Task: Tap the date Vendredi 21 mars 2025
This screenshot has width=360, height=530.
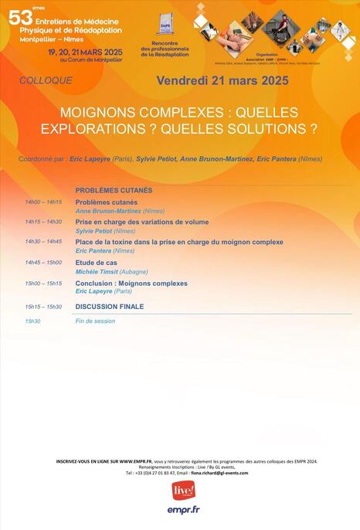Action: click(x=222, y=80)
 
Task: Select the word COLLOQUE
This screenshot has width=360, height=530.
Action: click(x=46, y=80)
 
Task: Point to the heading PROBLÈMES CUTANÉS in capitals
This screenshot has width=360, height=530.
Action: click(x=114, y=190)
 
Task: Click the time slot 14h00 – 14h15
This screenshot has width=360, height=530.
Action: click(x=43, y=202)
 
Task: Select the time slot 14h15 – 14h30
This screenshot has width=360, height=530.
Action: click(x=43, y=223)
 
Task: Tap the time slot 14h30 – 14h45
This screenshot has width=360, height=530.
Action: click(x=43, y=242)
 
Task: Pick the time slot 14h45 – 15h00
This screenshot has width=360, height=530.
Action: click(x=43, y=263)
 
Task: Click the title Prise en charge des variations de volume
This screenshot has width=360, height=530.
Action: click(x=142, y=222)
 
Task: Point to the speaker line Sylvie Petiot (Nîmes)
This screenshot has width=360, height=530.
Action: click(x=105, y=231)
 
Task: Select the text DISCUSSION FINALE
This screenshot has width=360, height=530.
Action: click(x=110, y=307)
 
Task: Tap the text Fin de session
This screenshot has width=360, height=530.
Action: click(x=95, y=321)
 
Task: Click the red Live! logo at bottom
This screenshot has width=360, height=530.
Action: click(x=183, y=491)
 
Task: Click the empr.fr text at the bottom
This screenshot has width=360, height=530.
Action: click(x=183, y=510)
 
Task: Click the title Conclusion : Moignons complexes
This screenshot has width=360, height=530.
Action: click(x=131, y=284)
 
